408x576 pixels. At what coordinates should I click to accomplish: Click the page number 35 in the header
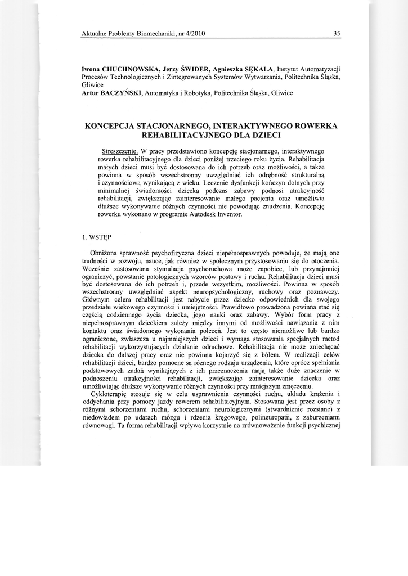(337, 33)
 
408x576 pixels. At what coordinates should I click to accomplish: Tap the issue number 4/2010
(193, 33)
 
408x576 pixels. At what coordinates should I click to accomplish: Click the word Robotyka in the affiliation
(198, 92)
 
